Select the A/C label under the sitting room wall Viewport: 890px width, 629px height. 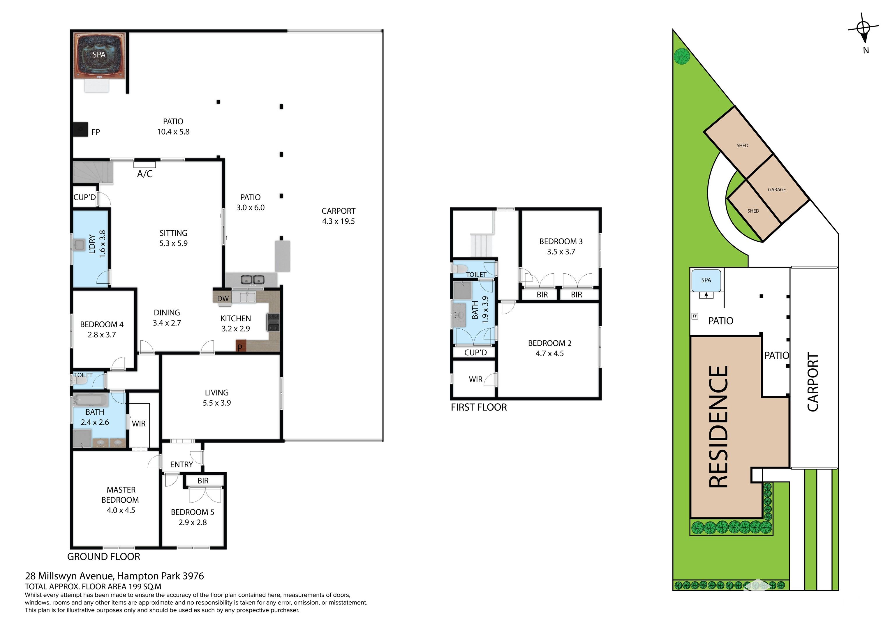144,174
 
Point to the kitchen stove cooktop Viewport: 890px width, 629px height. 273,322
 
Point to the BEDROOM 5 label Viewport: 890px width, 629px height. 193,512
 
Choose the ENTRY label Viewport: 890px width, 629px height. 181,464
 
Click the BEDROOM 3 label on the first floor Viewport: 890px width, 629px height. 561,241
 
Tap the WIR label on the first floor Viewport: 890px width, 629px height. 476,379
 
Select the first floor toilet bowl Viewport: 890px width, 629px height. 461,268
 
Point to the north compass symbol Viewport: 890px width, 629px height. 863,29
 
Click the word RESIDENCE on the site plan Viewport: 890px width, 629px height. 718,426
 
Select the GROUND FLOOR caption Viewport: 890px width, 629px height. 103,556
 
